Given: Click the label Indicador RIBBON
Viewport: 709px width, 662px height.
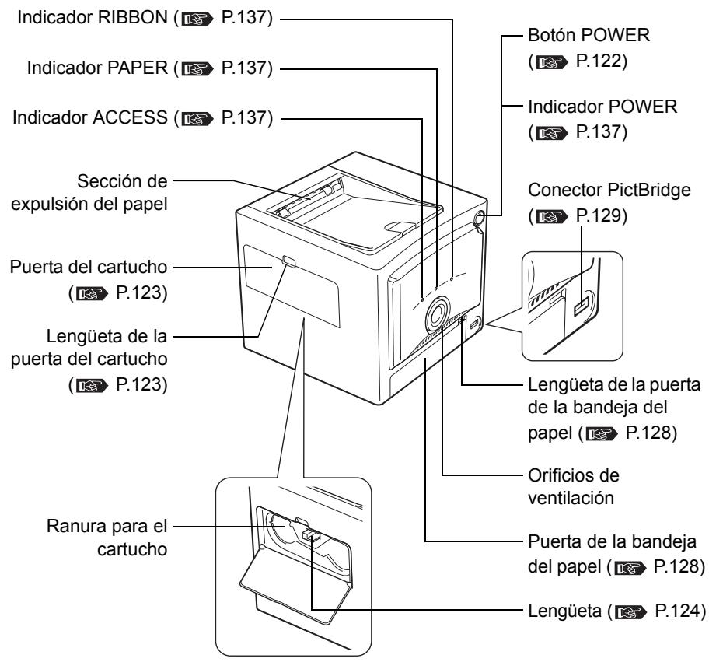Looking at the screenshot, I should (78, 16).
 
